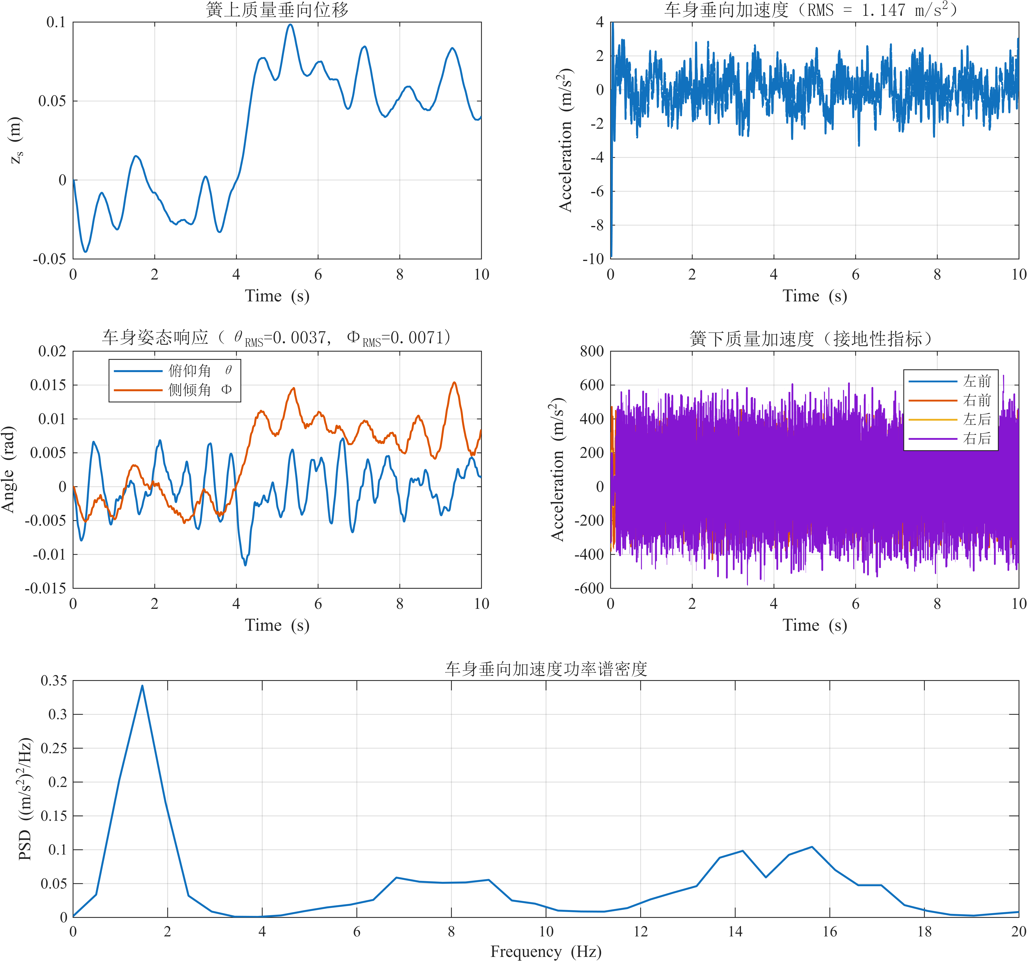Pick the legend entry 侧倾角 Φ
pos(200,389)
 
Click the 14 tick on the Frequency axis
pos(735,932)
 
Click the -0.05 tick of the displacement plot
pos(50,259)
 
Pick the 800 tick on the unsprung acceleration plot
pos(591,351)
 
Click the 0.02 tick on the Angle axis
pos(52,351)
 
